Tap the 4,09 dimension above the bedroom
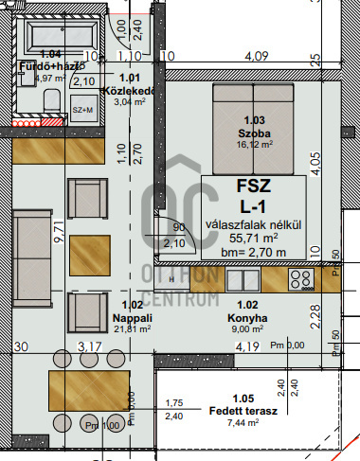255,56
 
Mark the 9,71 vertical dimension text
59,233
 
